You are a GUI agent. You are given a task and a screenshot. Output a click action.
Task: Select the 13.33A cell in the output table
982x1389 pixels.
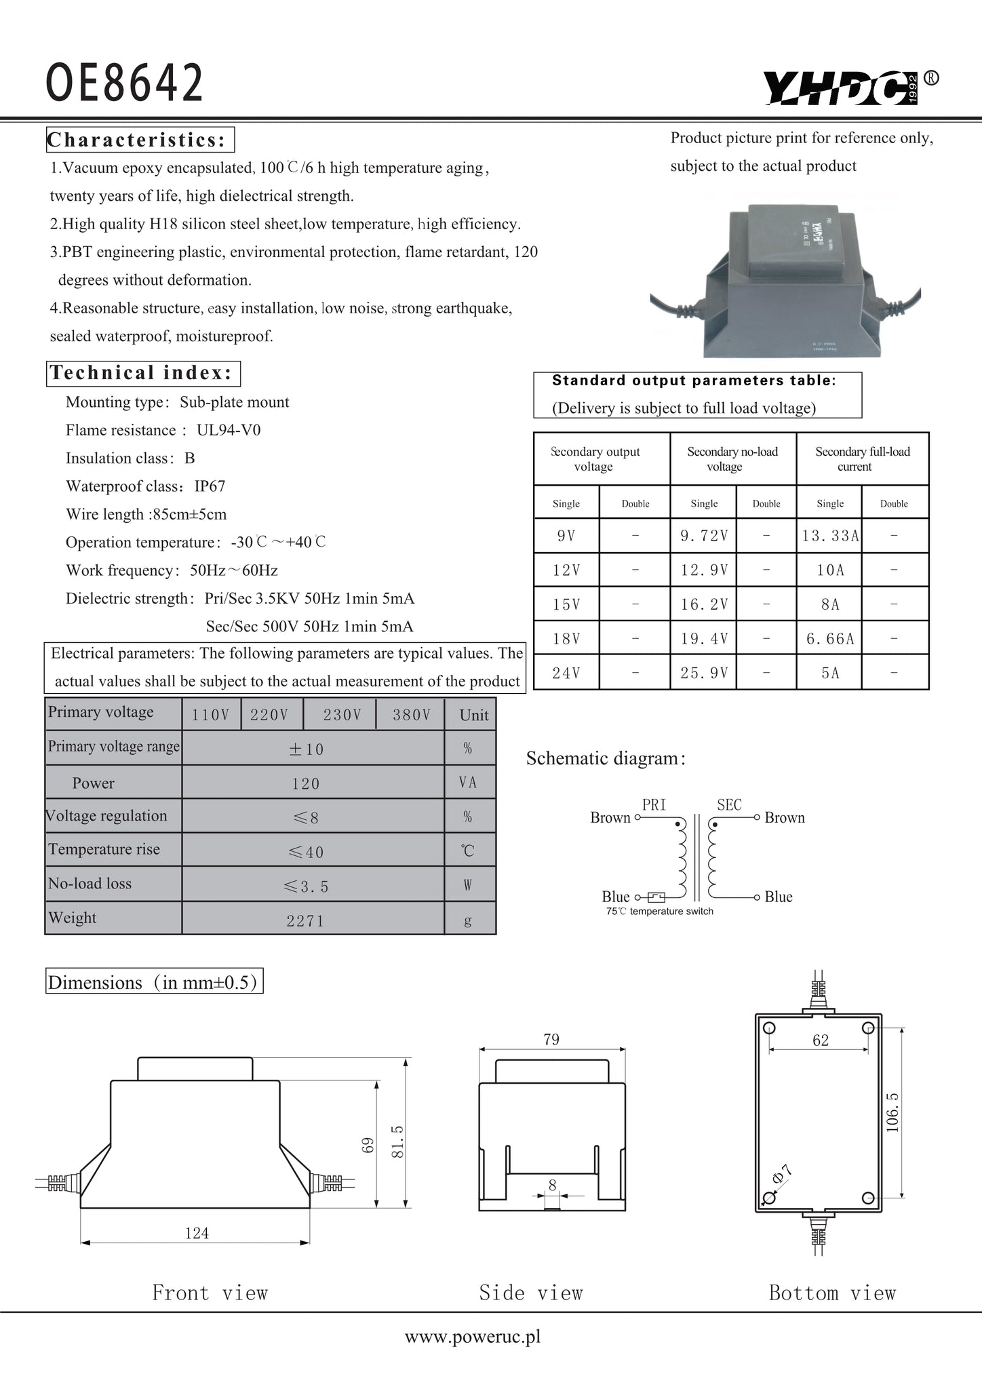coord(829,536)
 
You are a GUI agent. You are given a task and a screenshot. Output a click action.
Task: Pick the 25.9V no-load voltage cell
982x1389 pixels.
coord(704,673)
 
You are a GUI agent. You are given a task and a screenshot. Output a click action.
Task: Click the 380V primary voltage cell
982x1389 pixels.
coord(411,715)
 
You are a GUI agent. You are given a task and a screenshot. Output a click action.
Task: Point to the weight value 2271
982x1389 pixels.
coord(305,920)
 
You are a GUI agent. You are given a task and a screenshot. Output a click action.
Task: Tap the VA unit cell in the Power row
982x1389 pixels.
coord(468,783)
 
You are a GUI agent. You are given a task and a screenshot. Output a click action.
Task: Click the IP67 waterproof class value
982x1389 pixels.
coord(210,486)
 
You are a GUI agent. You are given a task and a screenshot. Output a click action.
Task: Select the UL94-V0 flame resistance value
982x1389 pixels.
coord(229,430)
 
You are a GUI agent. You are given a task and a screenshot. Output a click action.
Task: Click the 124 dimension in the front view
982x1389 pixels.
coord(197,1233)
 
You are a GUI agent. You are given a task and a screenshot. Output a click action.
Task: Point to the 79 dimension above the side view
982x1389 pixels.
coord(551,1040)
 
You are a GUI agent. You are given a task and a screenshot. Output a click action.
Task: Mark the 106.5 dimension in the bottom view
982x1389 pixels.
coord(892,1112)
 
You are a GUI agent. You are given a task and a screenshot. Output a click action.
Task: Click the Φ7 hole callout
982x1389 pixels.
coord(782,1174)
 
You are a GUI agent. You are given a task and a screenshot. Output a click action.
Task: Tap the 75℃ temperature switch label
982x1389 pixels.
coord(659,912)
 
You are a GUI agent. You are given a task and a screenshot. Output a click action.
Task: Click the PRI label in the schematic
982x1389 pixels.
coord(654,805)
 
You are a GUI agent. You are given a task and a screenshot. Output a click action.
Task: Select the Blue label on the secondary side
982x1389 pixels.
coord(779,897)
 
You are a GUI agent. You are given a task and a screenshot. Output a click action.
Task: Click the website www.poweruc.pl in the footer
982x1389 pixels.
coord(473,1337)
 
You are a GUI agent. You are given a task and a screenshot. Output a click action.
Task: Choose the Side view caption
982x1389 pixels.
coord(530,1293)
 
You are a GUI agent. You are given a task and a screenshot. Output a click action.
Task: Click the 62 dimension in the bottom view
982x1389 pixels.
coord(821,1040)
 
